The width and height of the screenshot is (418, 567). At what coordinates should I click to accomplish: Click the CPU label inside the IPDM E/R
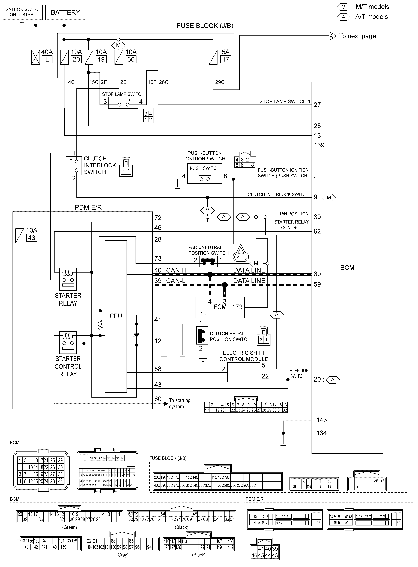pyautogui.click(x=116, y=316)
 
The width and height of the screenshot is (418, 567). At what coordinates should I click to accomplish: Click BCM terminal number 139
pyautogui.click(x=319, y=145)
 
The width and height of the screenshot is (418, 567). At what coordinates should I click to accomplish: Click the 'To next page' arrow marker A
pyautogui.click(x=332, y=36)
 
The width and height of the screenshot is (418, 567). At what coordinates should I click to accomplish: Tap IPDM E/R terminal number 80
pyautogui.click(x=158, y=399)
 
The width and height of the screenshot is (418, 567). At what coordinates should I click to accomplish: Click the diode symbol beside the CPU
pyautogui.click(x=137, y=335)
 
